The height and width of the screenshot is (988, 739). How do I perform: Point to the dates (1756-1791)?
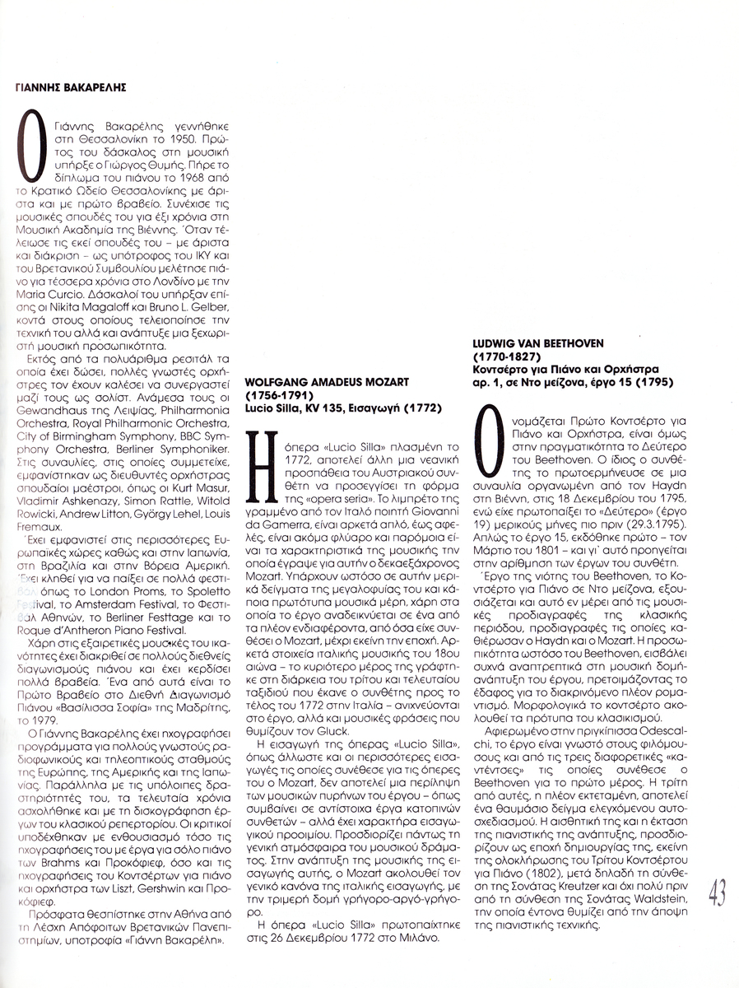[279, 395]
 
